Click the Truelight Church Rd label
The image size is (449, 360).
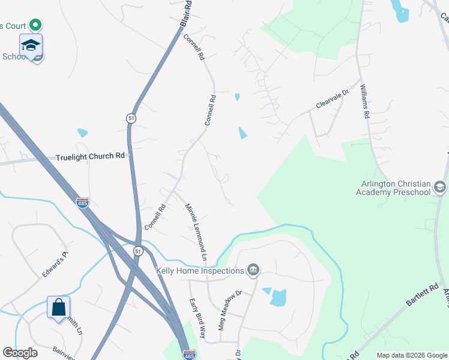(x=90, y=156)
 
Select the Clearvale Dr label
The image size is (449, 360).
(x=333, y=100)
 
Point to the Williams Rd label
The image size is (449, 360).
(x=364, y=101)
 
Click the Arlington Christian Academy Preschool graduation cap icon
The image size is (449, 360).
(x=440, y=188)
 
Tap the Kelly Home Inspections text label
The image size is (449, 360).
(x=200, y=271)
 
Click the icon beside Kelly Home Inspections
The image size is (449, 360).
(x=253, y=270)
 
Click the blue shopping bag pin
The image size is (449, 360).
(x=59, y=308)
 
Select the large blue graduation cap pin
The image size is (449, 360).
(x=31, y=44)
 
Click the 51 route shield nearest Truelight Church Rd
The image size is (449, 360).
(x=131, y=118)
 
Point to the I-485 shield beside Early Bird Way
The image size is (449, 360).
(x=188, y=355)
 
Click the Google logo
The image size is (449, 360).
(x=20, y=352)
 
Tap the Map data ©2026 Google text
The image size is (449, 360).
(x=412, y=355)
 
